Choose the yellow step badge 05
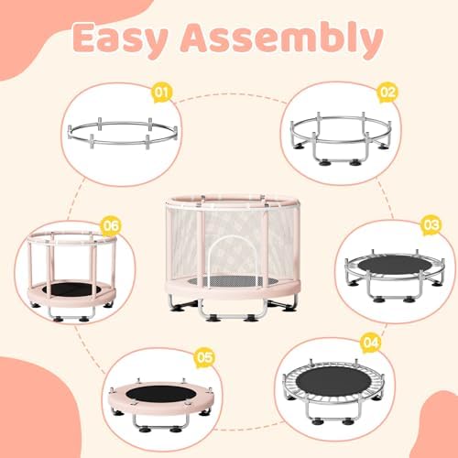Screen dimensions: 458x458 pyautogui.click(x=203, y=357)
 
